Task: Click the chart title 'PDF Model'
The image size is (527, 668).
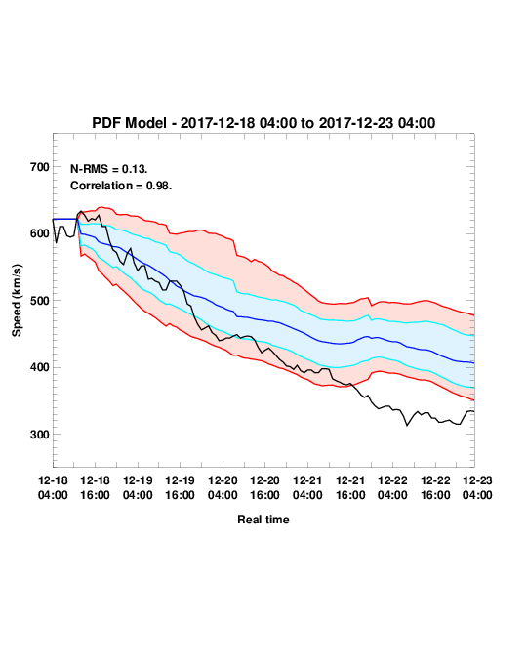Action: click(129, 123)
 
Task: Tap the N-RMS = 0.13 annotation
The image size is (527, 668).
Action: click(109, 169)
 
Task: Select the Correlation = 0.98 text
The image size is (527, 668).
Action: click(121, 186)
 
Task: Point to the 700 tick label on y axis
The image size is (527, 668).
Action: click(40, 167)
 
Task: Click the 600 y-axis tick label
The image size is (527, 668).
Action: click(40, 233)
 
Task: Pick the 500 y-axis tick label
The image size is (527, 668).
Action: click(40, 301)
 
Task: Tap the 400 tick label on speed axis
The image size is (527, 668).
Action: click(40, 367)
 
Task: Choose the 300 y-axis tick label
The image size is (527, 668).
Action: click(40, 435)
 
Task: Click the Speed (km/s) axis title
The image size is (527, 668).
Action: click(17, 301)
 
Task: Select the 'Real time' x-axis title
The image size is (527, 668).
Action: click(263, 520)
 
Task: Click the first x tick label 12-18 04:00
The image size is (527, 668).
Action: click(53, 487)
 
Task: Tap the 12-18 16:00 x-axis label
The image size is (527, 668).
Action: click(95, 487)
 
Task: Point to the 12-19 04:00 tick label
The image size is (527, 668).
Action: click(138, 487)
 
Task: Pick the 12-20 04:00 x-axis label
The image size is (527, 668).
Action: click(223, 487)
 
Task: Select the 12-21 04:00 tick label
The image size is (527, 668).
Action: click(307, 487)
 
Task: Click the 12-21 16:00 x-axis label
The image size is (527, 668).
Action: click(350, 487)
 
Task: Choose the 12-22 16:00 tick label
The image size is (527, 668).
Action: click(435, 487)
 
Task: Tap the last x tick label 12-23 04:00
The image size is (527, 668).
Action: click(477, 487)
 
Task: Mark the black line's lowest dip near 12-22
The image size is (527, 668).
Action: click(407, 425)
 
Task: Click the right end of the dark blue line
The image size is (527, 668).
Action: click(474, 363)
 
